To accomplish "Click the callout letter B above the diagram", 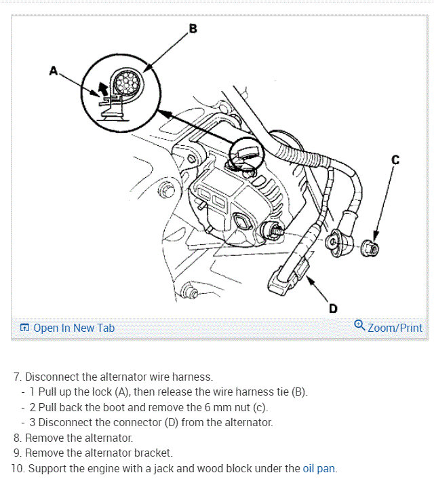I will (193, 28).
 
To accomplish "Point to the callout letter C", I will (395, 160).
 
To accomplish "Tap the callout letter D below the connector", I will (333, 309).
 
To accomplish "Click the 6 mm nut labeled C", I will (371, 248).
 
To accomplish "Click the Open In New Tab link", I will (74, 328).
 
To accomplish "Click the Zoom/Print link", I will (395, 328).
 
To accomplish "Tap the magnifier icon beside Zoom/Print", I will (359, 326).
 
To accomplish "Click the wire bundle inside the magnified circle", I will (126, 83).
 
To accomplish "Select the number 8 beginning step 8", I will (16, 438).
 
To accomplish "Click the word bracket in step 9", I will (153, 453).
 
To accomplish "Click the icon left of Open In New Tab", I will (24, 328).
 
